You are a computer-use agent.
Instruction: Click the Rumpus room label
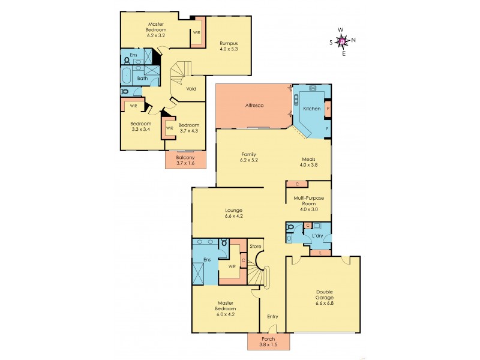[229, 41]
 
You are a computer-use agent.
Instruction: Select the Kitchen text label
[311, 109]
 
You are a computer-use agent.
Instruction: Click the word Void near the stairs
[191, 89]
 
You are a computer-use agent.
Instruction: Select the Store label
[255, 246]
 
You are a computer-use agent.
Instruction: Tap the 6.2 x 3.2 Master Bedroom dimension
[156, 35]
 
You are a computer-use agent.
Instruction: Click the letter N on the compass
[353, 40]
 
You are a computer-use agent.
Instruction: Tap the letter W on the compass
[341, 29]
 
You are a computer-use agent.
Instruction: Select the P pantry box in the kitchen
[328, 109]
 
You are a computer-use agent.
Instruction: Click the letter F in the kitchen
[327, 129]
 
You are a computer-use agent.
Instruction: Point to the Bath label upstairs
[143, 78]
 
